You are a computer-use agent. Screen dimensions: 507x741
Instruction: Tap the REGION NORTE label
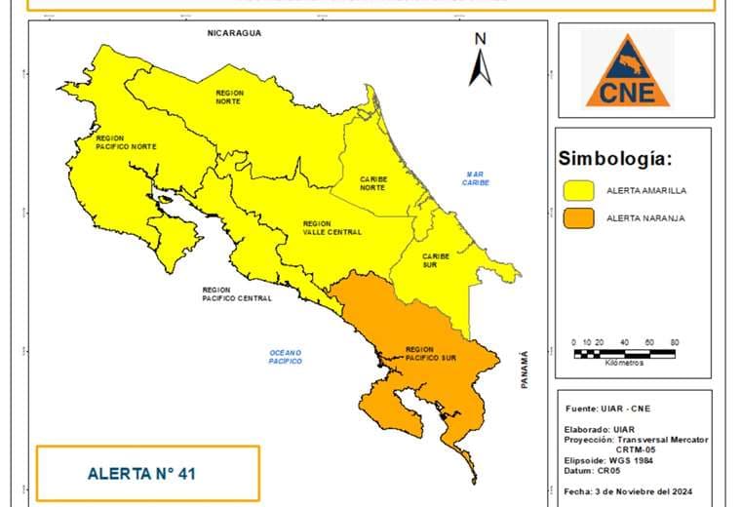pos(229,96)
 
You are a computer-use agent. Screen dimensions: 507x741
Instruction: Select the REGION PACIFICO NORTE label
pos(126,142)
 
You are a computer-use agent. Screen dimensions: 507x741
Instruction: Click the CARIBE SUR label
pos(436,260)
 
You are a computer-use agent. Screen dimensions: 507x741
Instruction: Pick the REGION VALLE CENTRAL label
pos(331,227)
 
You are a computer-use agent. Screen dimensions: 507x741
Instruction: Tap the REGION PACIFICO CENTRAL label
pos(237,294)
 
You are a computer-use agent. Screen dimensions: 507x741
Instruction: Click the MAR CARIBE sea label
pos(476,178)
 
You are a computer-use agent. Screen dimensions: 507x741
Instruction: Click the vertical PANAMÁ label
pos(524,370)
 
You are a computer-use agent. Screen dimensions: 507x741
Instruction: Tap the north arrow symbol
pos(480,60)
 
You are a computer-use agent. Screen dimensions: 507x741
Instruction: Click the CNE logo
pos(627,68)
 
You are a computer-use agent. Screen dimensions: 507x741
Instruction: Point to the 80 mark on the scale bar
pos(674,343)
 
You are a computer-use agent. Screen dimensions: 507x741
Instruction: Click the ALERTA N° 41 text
pos(142,474)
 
